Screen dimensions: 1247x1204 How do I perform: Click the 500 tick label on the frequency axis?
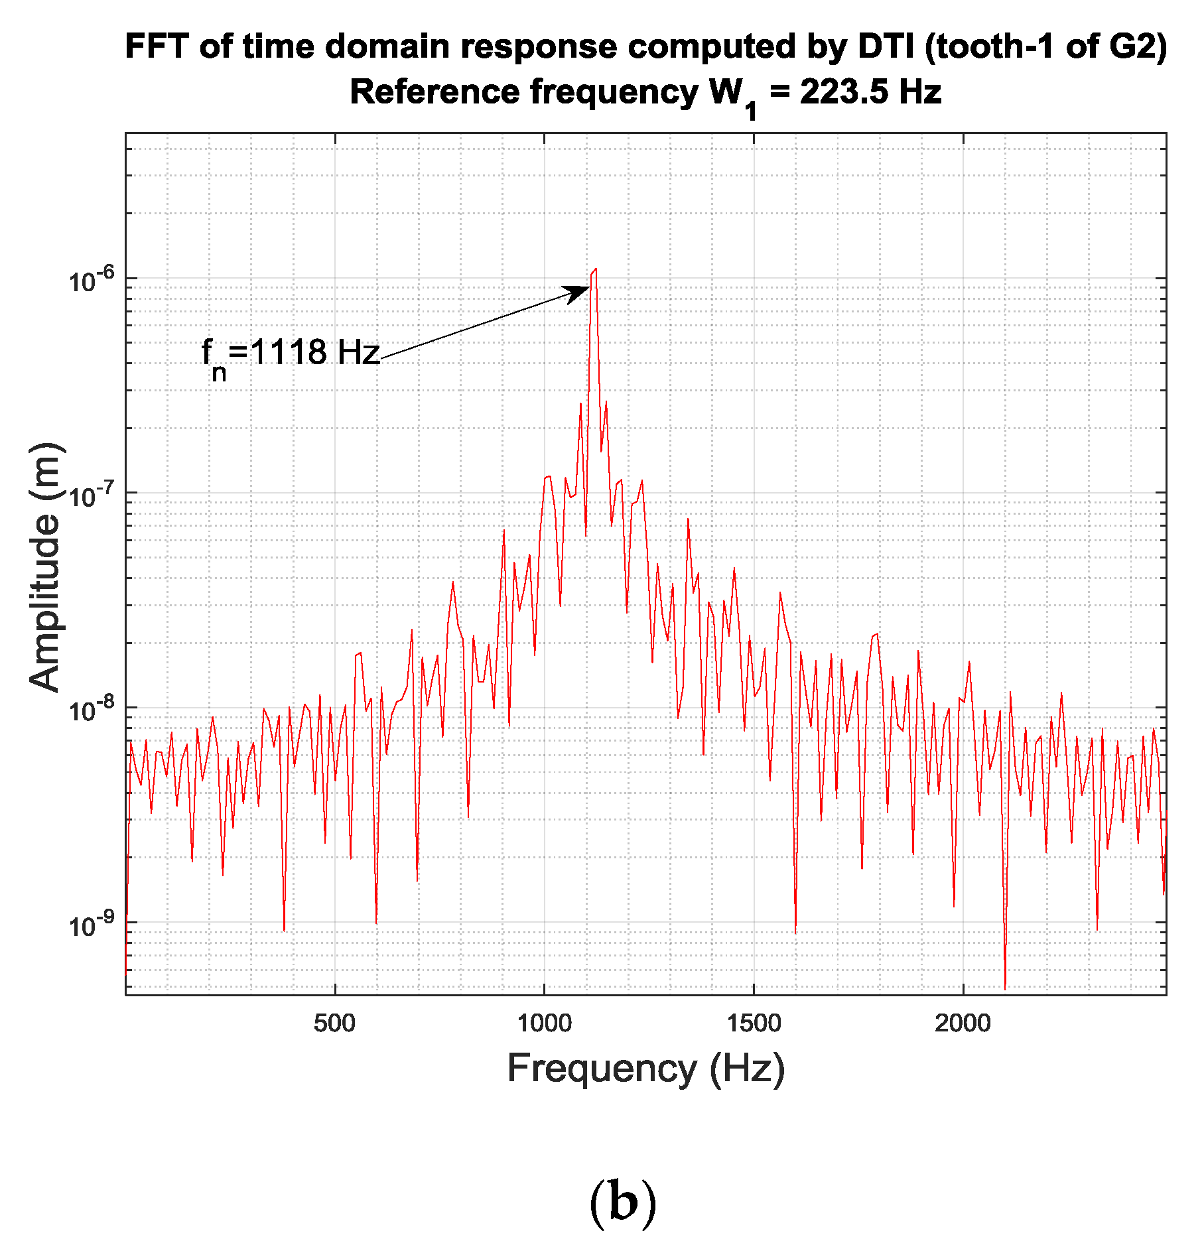click(334, 1023)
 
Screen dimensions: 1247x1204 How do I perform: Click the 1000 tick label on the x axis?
click(544, 1023)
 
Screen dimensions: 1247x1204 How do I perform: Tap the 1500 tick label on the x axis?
click(754, 1023)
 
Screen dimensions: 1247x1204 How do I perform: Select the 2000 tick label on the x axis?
click(963, 1023)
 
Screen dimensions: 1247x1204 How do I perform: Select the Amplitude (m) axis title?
click(46, 567)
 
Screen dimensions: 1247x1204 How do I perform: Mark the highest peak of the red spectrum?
click(596, 269)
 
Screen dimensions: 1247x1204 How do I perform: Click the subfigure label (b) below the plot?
click(622, 1201)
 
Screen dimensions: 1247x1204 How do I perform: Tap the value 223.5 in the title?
click(844, 92)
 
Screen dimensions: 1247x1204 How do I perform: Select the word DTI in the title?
click(887, 47)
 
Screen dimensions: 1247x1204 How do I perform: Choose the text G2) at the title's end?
click(1138, 47)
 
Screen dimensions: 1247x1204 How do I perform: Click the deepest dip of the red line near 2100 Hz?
click(1005, 988)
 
